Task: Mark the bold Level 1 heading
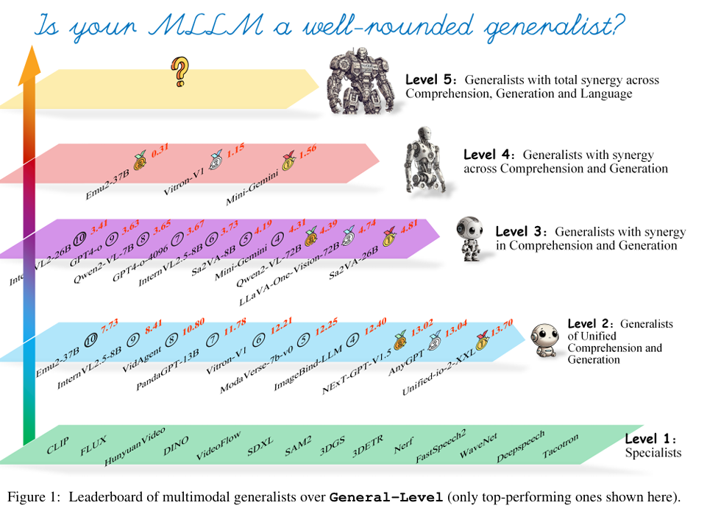tap(650, 439)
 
